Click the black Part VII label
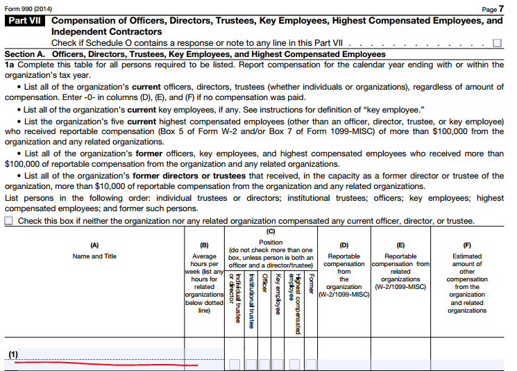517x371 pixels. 25,21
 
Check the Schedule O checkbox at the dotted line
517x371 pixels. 497,43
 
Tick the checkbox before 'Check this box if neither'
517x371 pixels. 10,221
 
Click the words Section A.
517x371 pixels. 26,54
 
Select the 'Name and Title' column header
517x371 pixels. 94,256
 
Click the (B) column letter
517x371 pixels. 204,245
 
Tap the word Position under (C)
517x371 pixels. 271,242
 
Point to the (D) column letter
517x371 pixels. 344,245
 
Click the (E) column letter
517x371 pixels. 400,245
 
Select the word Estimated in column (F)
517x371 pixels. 466,256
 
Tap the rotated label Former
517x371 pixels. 312,285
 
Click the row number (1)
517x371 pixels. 13,355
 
